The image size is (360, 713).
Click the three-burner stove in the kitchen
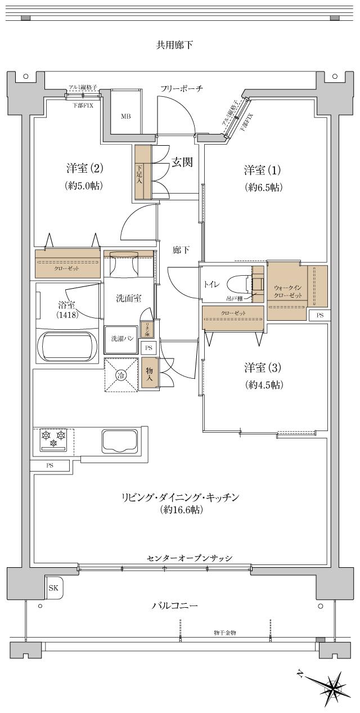[x=54, y=439]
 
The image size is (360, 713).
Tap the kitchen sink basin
[x=119, y=440]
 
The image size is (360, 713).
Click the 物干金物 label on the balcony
[x=225, y=633]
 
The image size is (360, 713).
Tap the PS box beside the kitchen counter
[x=49, y=465]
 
